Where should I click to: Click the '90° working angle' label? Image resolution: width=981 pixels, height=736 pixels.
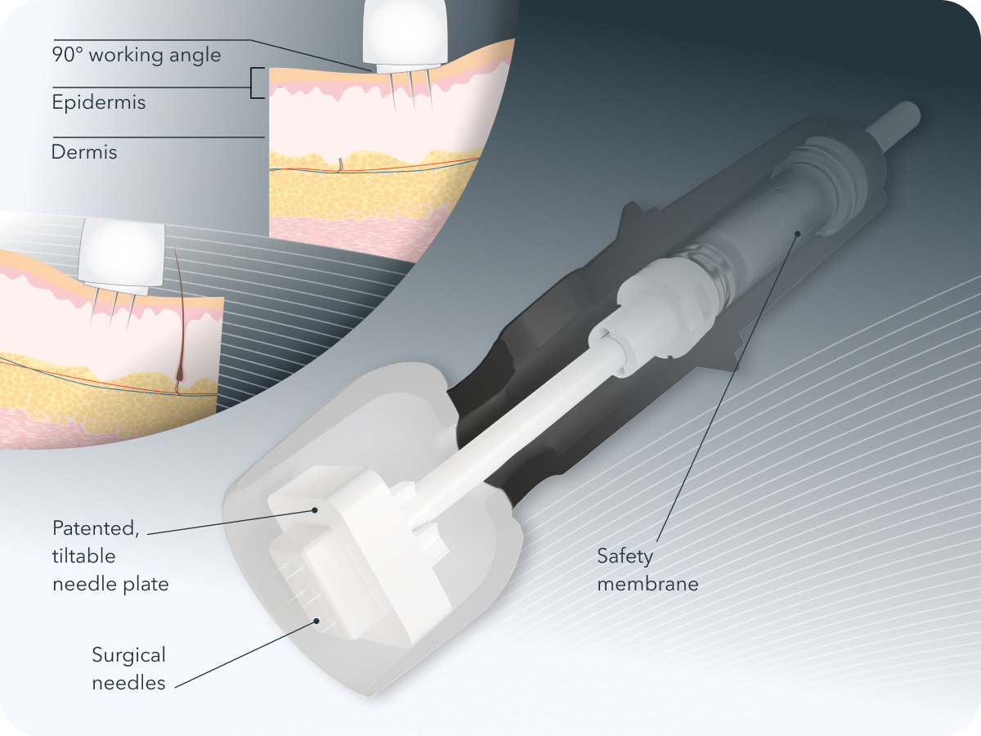click(136, 56)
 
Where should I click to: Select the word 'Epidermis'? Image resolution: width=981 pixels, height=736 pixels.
click(98, 103)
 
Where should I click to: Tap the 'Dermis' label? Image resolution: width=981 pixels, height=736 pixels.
click(84, 152)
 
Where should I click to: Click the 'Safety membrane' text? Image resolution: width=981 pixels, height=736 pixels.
click(647, 570)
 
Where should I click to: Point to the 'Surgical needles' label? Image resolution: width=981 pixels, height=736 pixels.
click(128, 668)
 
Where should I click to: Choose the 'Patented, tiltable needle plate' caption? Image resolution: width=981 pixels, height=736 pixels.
click(110, 555)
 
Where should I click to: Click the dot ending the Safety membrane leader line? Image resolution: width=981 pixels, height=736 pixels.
click(797, 233)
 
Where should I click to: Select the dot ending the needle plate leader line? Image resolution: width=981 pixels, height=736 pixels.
click(315, 510)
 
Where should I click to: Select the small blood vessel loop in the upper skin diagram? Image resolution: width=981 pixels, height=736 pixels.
click(340, 166)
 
